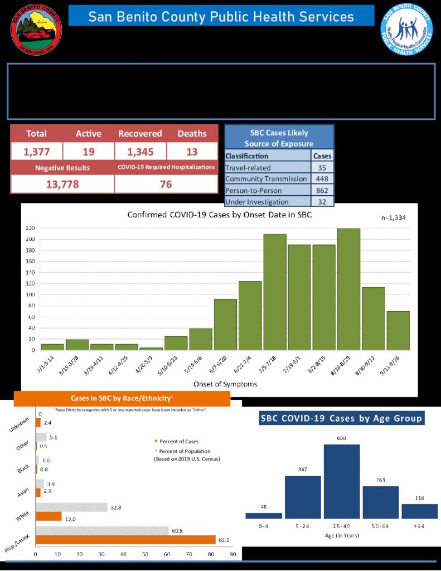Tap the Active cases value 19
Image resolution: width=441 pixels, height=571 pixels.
pyautogui.click(x=89, y=151)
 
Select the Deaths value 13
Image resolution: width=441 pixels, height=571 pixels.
pyautogui.click(x=192, y=151)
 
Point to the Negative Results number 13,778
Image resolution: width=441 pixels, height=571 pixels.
pyautogui.click(x=61, y=184)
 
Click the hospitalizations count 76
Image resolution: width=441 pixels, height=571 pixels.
pyautogui.click(x=166, y=184)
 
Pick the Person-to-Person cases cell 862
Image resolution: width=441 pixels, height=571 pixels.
pyautogui.click(x=322, y=190)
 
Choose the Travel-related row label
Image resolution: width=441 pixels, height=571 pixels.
pyautogui.click(x=248, y=167)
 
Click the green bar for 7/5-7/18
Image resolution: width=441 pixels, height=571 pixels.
pyautogui.click(x=274, y=292)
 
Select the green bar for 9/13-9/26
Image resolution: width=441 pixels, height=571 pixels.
pyautogui.click(x=398, y=330)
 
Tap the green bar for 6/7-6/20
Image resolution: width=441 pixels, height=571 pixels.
pyautogui.click(x=225, y=324)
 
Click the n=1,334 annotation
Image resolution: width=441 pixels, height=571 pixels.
pyautogui.click(x=394, y=218)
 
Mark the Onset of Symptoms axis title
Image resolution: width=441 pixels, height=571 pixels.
pyautogui.click(x=221, y=384)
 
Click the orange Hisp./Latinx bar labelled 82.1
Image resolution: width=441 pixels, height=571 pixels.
pyautogui.click(x=125, y=539)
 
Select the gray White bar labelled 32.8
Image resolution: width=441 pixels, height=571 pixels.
pyautogui.click(x=71, y=507)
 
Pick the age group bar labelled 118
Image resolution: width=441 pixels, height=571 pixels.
pyautogui.click(x=419, y=511)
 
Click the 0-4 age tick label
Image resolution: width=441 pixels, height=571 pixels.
pyautogui.click(x=263, y=526)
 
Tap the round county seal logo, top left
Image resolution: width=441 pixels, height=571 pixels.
pyautogui.click(x=36, y=29)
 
